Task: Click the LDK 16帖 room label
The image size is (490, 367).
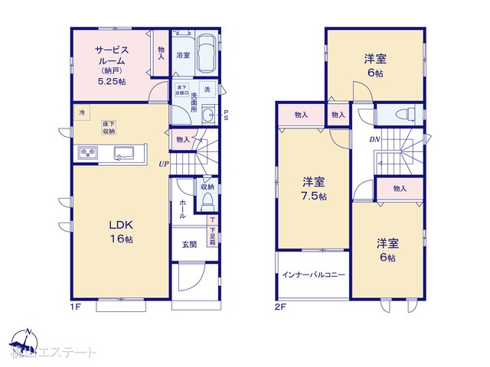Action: (x=121, y=232)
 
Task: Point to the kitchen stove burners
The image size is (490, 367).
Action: (x=87, y=154)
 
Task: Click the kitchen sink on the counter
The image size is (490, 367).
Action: (x=123, y=154)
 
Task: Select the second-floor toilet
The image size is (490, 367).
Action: (x=403, y=115)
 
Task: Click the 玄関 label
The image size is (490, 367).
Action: (x=189, y=245)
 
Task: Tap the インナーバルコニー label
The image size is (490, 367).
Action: (x=313, y=274)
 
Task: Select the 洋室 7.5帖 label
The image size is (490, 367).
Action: (x=313, y=189)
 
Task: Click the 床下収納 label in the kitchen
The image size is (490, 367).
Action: (x=109, y=127)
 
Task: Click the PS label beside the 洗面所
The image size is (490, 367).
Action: (x=227, y=116)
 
